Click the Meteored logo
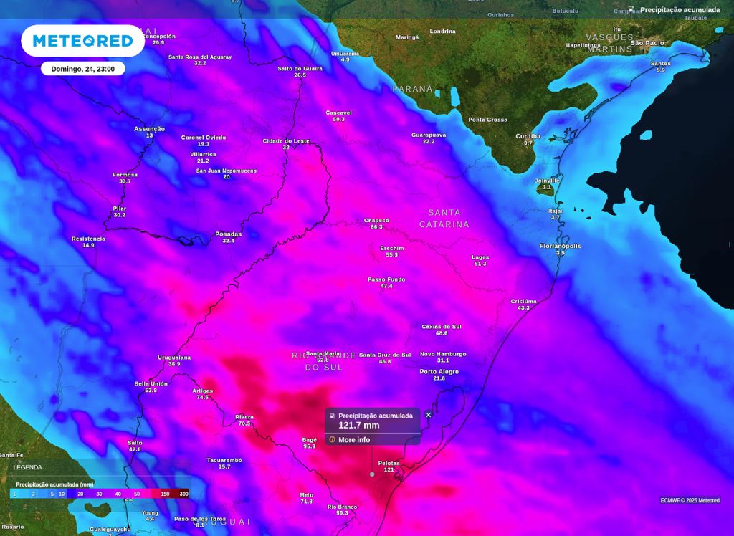tap(83, 41)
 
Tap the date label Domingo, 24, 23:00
tap(83, 69)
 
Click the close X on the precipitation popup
tap(429, 414)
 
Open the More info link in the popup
tap(354, 439)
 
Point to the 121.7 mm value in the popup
tap(359, 426)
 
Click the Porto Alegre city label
tap(439, 372)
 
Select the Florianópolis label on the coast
tap(560, 246)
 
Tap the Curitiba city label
tap(528, 136)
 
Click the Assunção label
tap(149, 129)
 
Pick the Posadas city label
tap(228, 234)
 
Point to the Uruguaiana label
tap(174, 358)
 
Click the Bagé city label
tap(309, 440)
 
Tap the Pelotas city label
tap(389, 464)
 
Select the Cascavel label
tap(338, 113)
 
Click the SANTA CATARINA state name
tap(444, 219)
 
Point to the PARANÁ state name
tap(413, 89)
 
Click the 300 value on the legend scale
tap(183, 494)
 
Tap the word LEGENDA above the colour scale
tap(27, 467)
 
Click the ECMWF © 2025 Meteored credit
tap(690, 500)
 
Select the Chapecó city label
tap(376, 221)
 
